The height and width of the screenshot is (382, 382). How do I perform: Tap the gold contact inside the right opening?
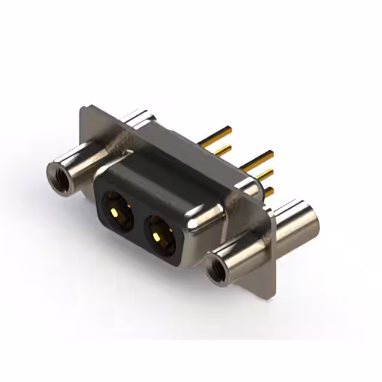(x=157, y=237)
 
